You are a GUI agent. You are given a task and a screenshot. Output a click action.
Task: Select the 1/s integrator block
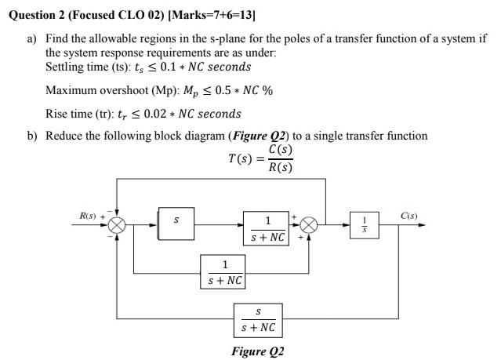point(363,224)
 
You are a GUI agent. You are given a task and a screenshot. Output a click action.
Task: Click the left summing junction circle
point(118,224)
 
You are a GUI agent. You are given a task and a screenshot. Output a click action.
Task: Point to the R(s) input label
point(88,215)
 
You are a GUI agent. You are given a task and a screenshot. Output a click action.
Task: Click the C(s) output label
point(409,215)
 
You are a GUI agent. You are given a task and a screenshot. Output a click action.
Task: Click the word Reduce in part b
point(64,136)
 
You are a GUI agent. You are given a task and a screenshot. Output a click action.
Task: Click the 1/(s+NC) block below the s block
point(224,272)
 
